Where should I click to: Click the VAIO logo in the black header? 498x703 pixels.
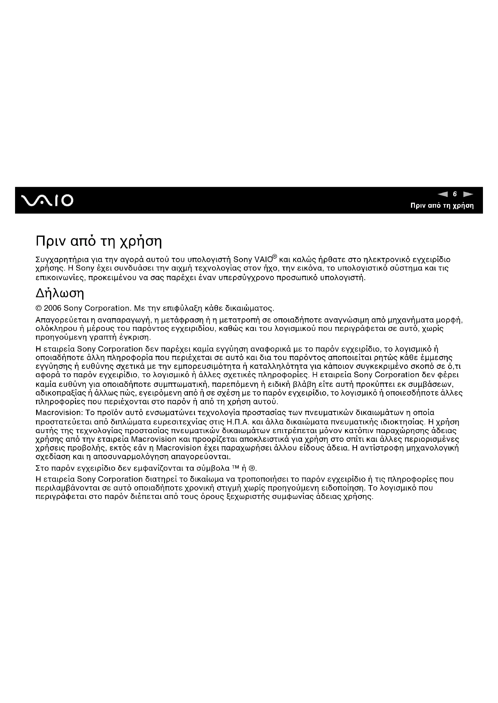point(47,200)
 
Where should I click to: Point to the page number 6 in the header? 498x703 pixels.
point(455,194)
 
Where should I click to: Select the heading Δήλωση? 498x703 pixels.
point(60,294)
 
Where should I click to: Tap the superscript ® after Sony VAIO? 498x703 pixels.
point(275,256)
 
